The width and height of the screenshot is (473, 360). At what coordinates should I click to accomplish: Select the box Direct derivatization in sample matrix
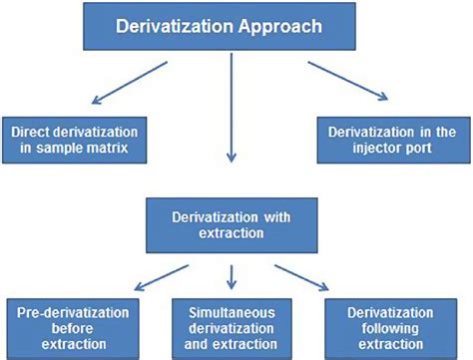coord(78,141)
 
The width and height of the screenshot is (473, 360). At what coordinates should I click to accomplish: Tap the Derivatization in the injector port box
coord(393,141)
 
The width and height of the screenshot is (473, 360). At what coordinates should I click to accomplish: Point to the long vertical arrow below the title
coord(233,110)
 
